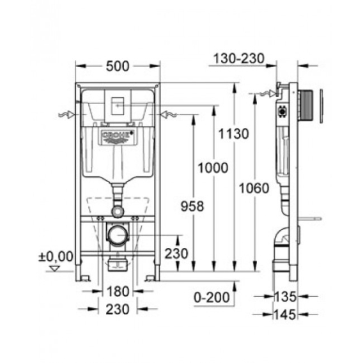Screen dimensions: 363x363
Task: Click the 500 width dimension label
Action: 118,66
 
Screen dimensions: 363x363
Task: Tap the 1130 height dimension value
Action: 233,134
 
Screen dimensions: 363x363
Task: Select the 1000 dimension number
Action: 213,168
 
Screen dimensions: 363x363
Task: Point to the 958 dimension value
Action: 192,206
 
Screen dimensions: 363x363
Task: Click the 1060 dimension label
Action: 254,188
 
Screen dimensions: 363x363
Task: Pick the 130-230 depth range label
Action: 238,58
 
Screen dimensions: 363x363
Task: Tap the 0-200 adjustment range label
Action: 212,297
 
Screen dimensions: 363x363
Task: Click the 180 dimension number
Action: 118,291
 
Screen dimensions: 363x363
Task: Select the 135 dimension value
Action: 285,297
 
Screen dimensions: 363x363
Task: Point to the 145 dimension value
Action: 285,314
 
